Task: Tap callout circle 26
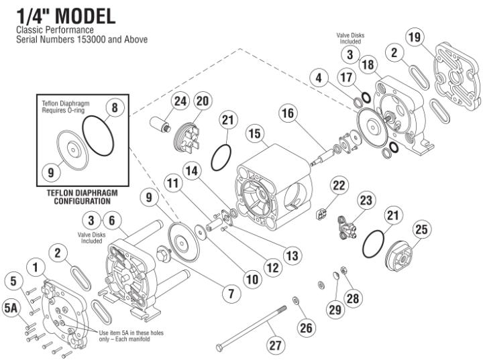(x=307, y=328)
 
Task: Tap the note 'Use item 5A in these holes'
(x=131, y=333)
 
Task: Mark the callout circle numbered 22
(x=339, y=184)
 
